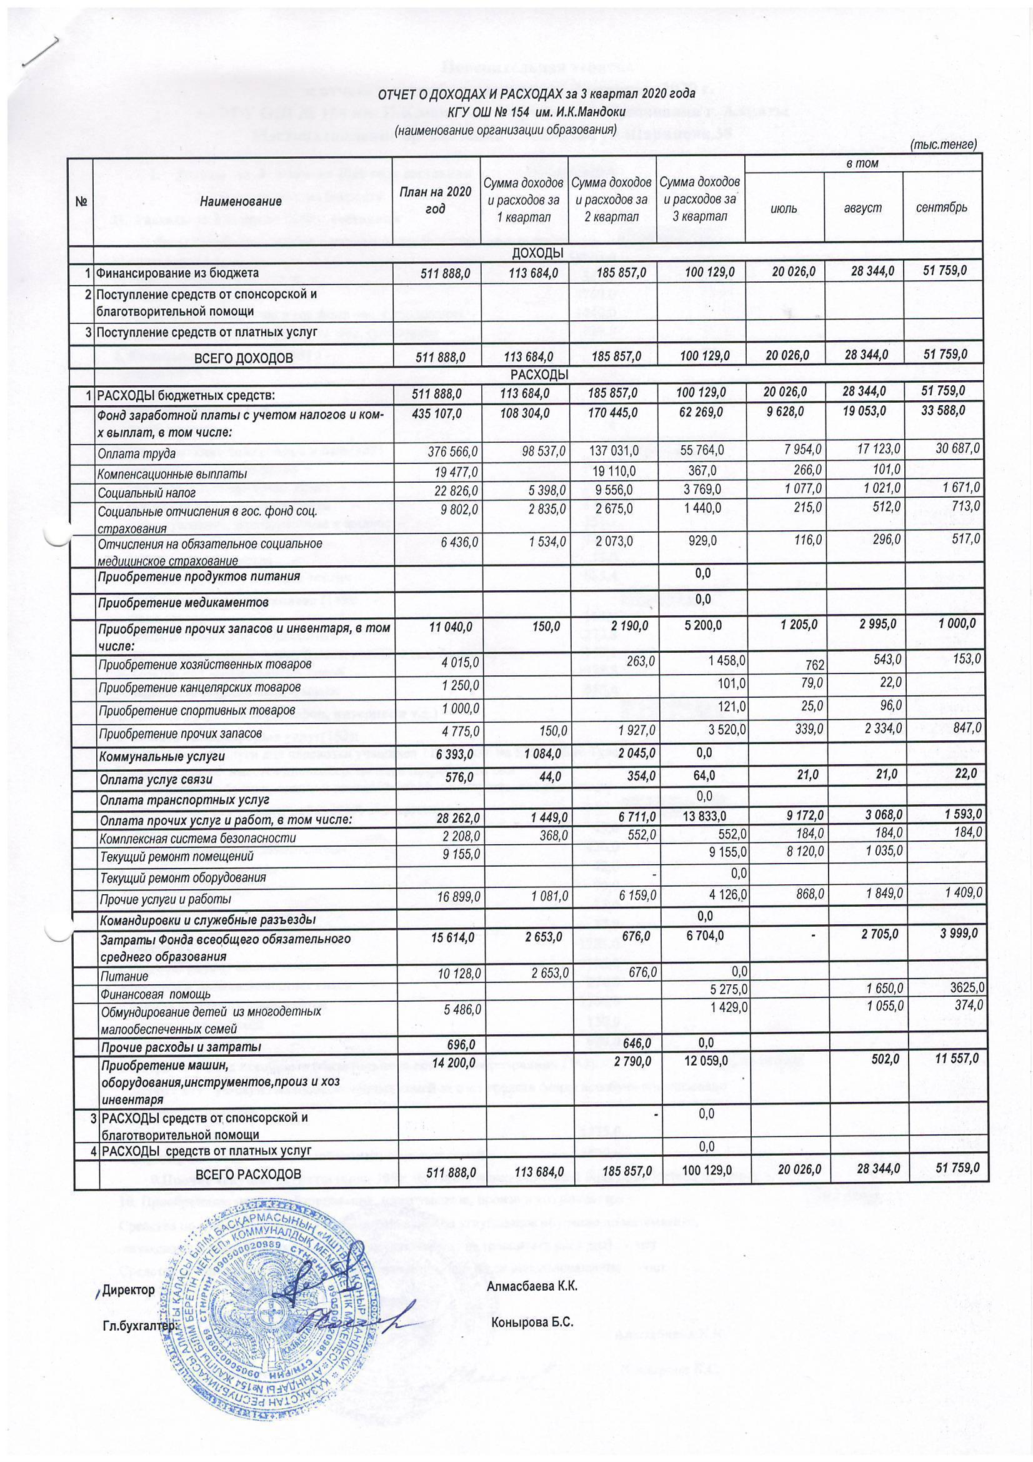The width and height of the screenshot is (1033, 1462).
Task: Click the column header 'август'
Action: click(862, 208)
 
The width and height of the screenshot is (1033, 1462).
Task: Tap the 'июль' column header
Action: click(784, 208)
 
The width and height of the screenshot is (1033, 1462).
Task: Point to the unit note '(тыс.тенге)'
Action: click(943, 145)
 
